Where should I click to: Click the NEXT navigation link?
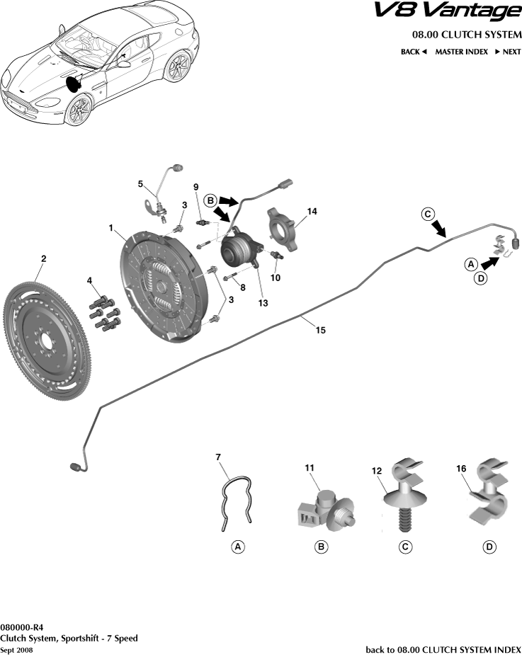tap(507, 52)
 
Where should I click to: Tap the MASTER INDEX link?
tap(460, 52)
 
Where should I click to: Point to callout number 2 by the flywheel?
tap(43, 260)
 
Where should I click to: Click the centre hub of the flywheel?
tap(46, 340)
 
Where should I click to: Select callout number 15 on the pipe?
tap(320, 331)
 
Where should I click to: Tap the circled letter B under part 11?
tap(320, 547)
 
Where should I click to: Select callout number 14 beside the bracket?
tap(312, 211)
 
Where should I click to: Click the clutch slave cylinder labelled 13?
tap(239, 250)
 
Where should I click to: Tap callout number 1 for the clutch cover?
tap(111, 228)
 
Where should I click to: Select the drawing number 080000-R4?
tap(22, 627)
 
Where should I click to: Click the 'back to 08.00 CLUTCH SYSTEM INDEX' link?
tap(443, 649)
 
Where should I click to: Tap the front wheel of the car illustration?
tap(79, 110)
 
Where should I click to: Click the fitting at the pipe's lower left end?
tap(74, 467)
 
